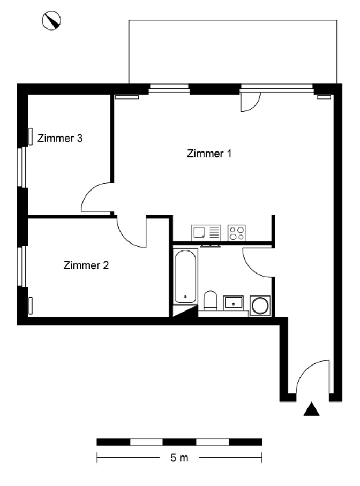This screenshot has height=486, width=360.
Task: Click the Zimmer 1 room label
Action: tap(209, 154)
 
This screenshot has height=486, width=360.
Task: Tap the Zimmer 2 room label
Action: tap(86, 265)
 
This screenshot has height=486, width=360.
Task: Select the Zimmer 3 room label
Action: tap(60, 138)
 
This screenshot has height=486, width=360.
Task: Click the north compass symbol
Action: tap(51, 20)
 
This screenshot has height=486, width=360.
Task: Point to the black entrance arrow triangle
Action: tap(311, 409)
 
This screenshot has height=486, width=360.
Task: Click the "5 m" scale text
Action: tap(179, 458)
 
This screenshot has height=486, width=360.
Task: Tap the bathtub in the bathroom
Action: tap(185, 277)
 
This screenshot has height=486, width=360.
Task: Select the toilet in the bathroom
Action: tap(211, 300)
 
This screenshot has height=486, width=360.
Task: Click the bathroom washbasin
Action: tap(234, 302)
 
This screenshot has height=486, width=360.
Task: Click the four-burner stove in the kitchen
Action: tap(237, 233)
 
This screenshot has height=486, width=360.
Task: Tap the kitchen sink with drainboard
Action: tap(206, 233)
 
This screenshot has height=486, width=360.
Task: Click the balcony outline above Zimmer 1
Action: tap(232, 20)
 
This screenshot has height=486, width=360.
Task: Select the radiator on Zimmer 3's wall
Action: tap(31, 136)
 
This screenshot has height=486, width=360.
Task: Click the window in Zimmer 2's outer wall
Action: tap(21, 266)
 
